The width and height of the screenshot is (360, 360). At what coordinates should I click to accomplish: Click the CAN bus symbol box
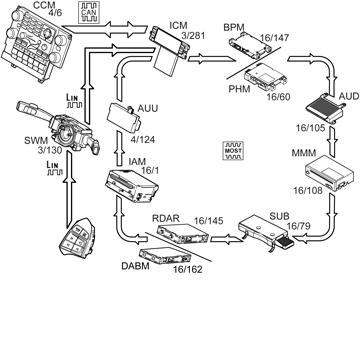click(88, 13)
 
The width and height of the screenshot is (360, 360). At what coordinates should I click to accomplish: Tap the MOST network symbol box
click(233, 150)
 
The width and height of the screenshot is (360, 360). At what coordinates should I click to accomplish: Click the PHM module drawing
click(265, 77)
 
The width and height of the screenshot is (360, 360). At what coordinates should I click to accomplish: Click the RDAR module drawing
click(183, 233)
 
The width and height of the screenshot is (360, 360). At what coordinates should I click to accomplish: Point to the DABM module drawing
click(165, 256)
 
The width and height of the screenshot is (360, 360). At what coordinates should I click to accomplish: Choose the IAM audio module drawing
click(131, 186)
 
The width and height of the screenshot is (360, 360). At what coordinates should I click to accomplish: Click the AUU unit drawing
click(124, 119)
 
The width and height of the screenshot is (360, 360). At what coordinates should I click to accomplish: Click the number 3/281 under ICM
click(193, 35)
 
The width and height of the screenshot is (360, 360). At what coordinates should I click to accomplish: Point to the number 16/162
click(188, 269)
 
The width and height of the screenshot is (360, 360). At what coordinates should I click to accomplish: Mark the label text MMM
click(303, 154)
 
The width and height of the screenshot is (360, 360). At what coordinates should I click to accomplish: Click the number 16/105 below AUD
click(311, 128)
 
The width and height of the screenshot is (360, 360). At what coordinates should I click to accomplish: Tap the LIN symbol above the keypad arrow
click(55, 168)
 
